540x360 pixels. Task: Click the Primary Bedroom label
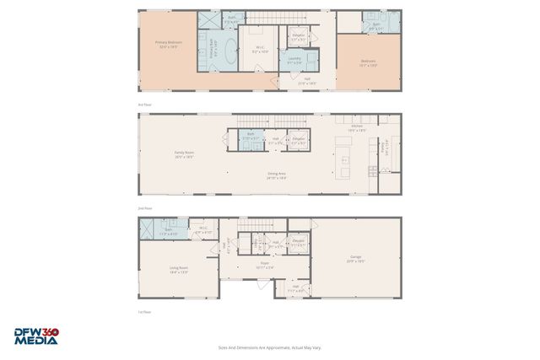point(167,43)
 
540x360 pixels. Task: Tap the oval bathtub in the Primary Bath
point(213,52)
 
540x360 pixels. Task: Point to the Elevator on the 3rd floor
point(298,37)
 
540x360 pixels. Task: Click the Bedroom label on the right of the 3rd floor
point(368,62)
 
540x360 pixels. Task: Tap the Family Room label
point(184,154)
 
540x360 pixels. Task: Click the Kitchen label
point(357,128)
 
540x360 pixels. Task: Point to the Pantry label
point(385,145)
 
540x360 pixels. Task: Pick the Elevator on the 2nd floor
point(298,140)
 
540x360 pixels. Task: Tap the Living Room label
point(178,270)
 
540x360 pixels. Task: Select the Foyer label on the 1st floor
point(264,265)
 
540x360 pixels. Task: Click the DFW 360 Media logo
point(36,336)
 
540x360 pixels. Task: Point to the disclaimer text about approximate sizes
point(269,347)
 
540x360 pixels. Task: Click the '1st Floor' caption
point(144,311)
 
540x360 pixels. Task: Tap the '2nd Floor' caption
point(144,207)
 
